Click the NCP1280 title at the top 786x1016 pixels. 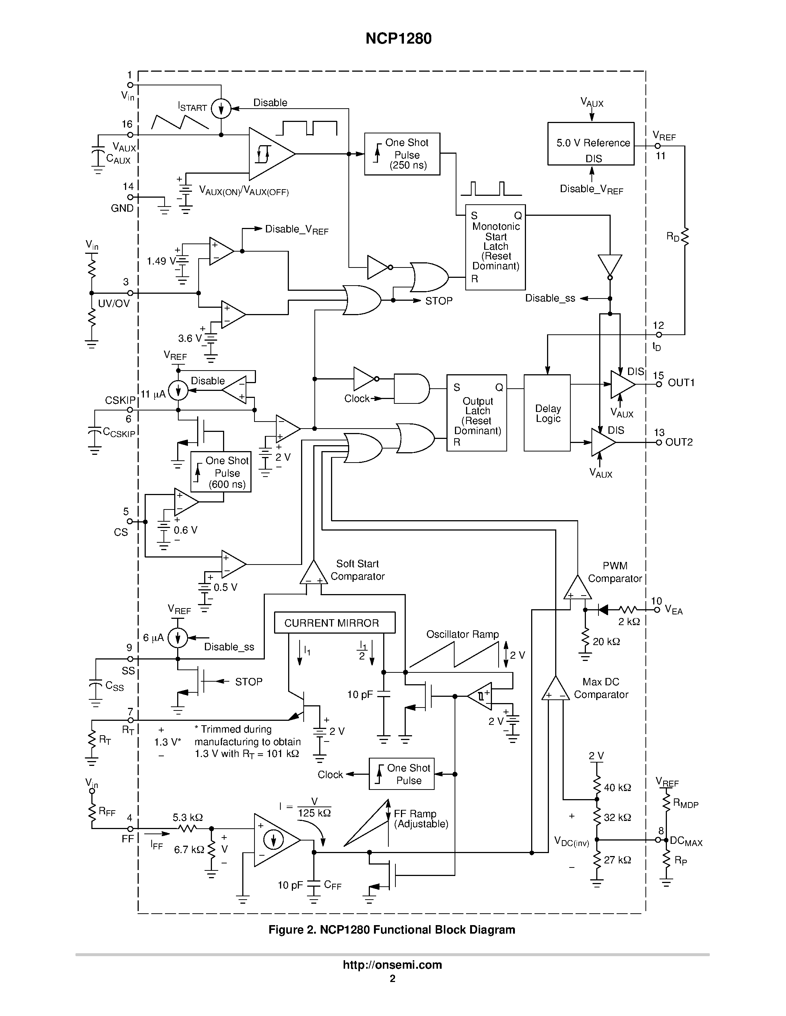pos(398,39)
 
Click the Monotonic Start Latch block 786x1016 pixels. pos(495,247)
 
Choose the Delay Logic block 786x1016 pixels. pos(547,413)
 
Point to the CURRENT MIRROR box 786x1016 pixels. pos(334,623)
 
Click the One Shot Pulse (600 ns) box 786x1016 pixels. pos(221,472)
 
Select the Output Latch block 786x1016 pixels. pos(476,413)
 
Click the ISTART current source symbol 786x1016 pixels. pos(221,109)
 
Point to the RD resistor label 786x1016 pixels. pos(673,237)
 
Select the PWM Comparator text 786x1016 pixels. pos(615,572)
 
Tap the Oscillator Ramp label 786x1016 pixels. pos(462,634)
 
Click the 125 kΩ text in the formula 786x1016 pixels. pos(314,813)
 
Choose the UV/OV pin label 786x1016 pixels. pos(114,304)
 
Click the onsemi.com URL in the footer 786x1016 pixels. pos(392,965)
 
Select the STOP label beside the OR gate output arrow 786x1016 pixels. pos(439,301)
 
